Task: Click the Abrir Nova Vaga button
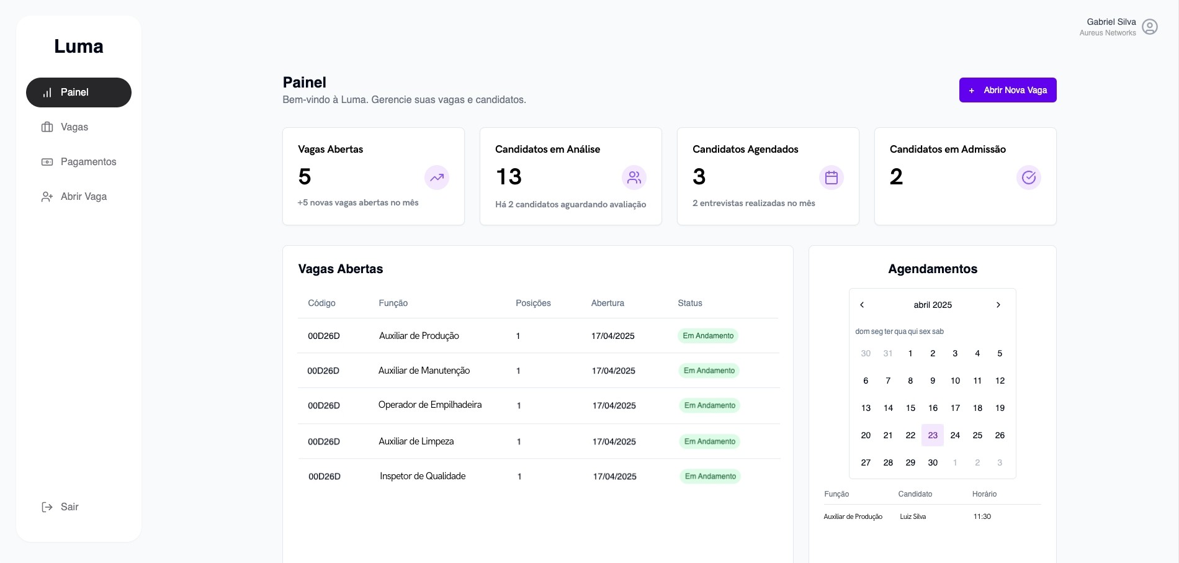pos(1008,90)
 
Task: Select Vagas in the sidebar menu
pos(74,127)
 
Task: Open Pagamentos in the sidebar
pos(88,162)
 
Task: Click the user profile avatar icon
pos(1150,27)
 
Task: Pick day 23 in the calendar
pos(933,435)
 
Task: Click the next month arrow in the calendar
pos(998,305)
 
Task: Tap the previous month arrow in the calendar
pos(862,305)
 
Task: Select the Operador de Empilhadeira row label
pos(430,405)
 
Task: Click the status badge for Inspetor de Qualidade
pos(710,476)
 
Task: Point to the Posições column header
pos(533,303)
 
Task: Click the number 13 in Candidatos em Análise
pos(509,177)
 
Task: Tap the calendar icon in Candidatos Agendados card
pos(832,178)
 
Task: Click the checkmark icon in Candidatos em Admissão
pos(1029,178)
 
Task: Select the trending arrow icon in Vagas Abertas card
pos(437,178)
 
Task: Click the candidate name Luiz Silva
pos(913,516)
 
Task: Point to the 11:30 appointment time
pos(982,516)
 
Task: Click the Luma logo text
pos(79,47)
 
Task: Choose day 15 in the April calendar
pos(910,408)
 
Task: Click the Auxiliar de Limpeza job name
pos(416,441)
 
